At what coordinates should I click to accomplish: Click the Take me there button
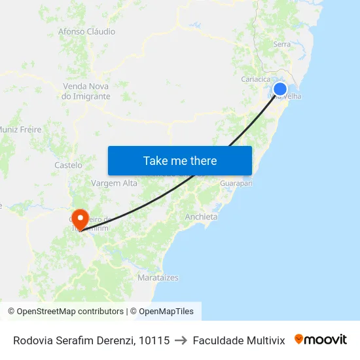click(x=180, y=160)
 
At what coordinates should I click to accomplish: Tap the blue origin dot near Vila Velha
click(x=279, y=89)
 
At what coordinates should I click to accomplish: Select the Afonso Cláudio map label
click(x=86, y=31)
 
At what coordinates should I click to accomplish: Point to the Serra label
click(x=282, y=44)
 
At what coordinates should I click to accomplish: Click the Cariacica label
click(x=256, y=79)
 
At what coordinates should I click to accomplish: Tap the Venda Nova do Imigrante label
click(x=86, y=91)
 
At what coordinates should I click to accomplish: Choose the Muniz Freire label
click(x=21, y=130)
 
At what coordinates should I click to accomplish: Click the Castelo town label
click(x=68, y=166)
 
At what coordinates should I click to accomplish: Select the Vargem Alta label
click(x=115, y=183)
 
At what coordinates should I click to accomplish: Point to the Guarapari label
click(x=236, y=183)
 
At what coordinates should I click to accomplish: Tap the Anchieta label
click(x=202, y=217)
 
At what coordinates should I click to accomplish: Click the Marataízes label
click(x=158, y=278)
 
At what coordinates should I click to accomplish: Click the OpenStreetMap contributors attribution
click(x=65, y=312)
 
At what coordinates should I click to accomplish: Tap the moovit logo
click(x=321, y=340)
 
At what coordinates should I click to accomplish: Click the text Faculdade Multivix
click(x=239, y=340)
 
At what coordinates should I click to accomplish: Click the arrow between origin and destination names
click(x=181, y=340)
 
